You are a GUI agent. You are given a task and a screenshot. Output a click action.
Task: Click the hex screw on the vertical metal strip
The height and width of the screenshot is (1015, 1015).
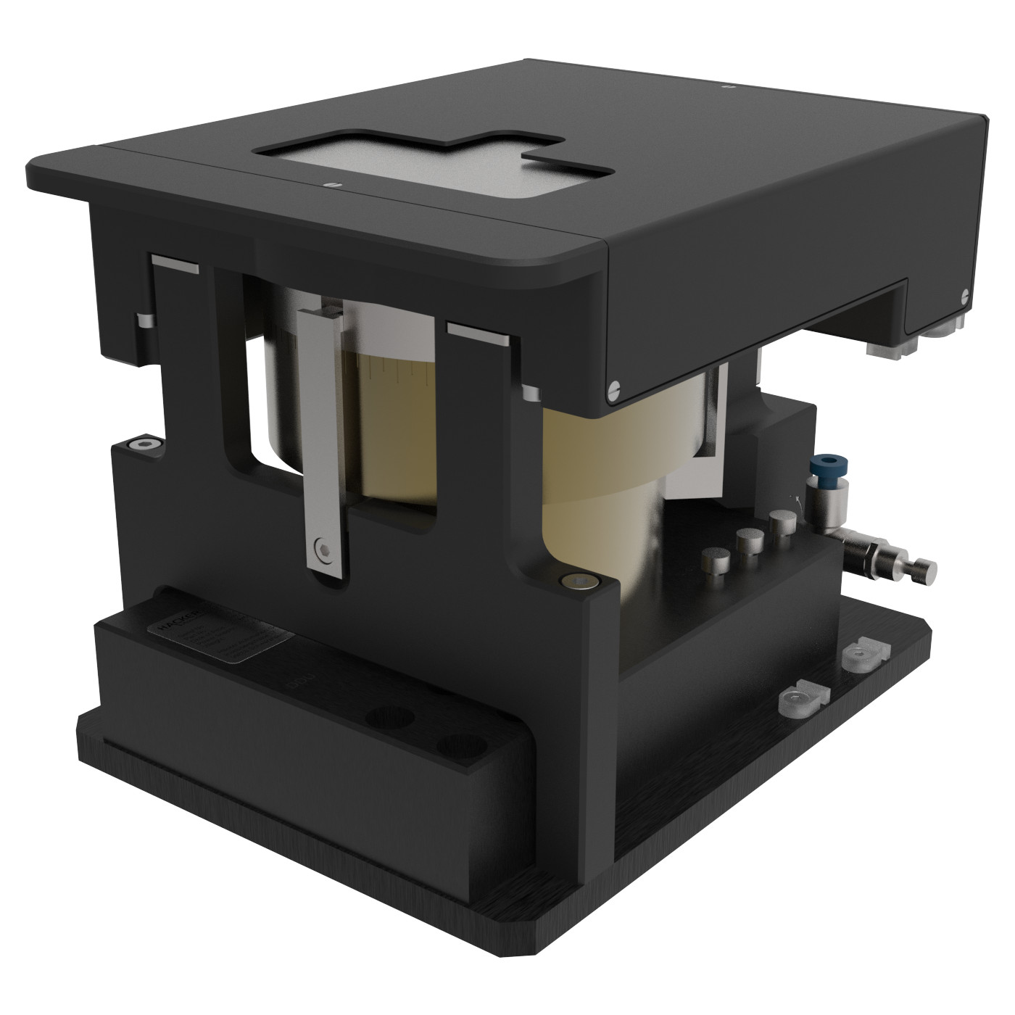pyautogui.click(x=321, y=547)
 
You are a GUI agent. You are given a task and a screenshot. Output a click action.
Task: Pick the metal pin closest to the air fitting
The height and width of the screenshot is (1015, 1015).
pyautogui.click(x=780, y=523)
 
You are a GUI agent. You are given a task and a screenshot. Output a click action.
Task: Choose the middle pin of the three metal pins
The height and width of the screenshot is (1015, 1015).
pyautogui.click(x=746, y=540)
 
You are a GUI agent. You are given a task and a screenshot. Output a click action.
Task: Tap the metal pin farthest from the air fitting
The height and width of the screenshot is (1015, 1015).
pyautogui.click(x=713, y=560)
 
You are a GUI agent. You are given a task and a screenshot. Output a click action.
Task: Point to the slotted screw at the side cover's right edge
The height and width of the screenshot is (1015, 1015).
pyautogui.click(x=964, y=295)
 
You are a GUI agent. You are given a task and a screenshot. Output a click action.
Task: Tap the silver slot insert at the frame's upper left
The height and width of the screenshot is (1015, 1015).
pyautogui.click(x=175, y=264)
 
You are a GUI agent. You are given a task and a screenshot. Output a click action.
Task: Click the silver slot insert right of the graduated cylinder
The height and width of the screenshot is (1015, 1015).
pyautogui.click(x=478, y=333)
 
